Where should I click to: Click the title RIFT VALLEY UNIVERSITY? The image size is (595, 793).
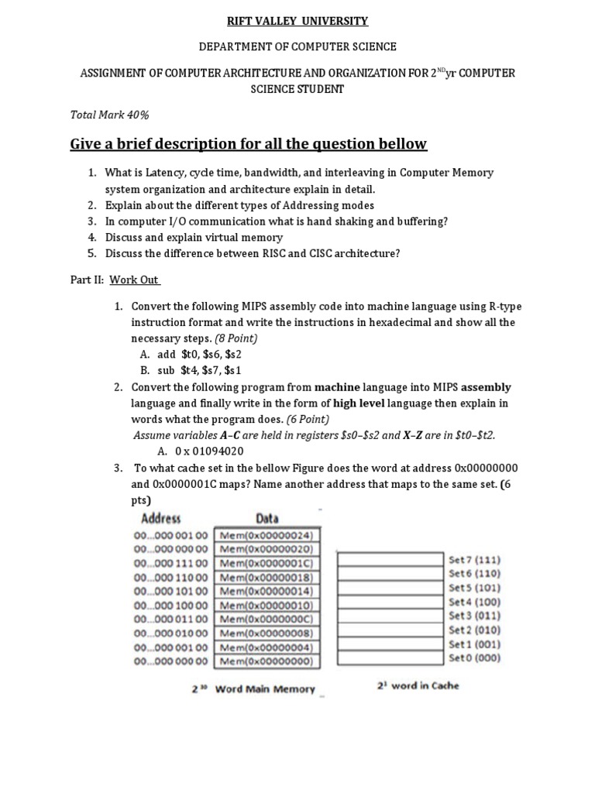(297, 21)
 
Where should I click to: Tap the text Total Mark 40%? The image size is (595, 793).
(109, 115)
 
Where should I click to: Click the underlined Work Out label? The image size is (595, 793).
(134, 280)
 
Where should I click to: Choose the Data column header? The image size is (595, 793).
(267, 518)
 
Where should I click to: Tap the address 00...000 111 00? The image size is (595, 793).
(171, 563)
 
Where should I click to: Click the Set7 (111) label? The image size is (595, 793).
(474, 558)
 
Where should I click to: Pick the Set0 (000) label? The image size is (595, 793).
(474, 658)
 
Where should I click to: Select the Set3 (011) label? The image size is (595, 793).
(474, 616)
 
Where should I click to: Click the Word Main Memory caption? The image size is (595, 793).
(264, 689)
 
